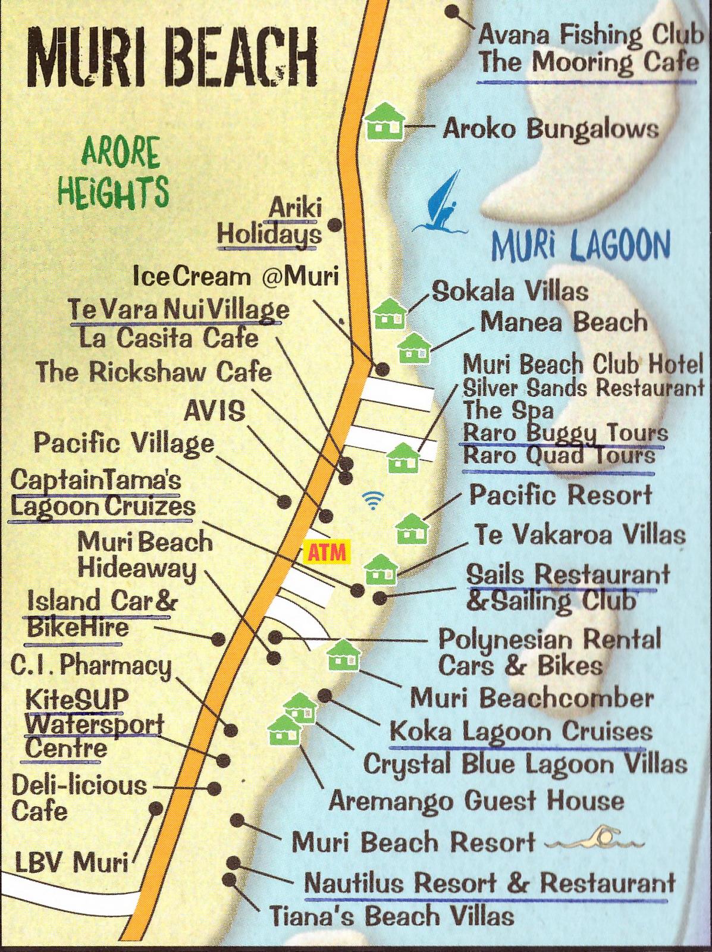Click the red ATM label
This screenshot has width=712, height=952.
coord(326,552)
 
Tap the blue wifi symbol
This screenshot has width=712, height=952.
coord(373,501)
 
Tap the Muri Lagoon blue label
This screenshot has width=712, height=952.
coord(581,244)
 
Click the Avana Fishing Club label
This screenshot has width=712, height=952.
coord(591,35)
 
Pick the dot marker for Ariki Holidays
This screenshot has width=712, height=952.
coord(335,224)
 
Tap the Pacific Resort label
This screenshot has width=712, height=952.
coord(561,494)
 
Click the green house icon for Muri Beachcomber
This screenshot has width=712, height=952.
coord(344,655)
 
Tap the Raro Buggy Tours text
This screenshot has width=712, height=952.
coord(564,432)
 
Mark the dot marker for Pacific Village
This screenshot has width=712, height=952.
coord(284,500)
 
